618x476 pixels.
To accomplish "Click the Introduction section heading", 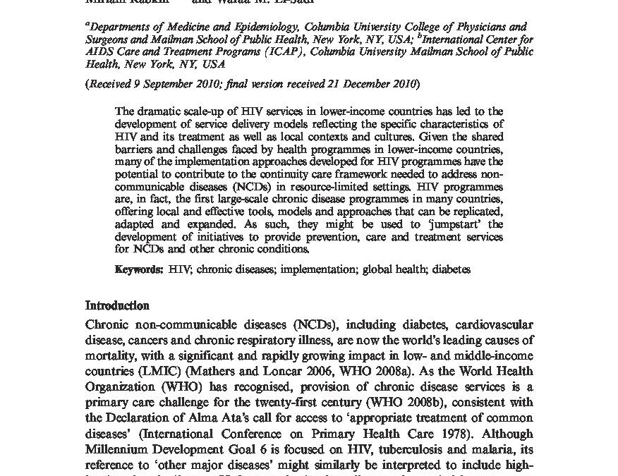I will coord(117,306).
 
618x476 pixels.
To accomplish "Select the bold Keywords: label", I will coord(140,269).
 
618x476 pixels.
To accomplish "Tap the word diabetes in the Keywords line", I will coord(451,269).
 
